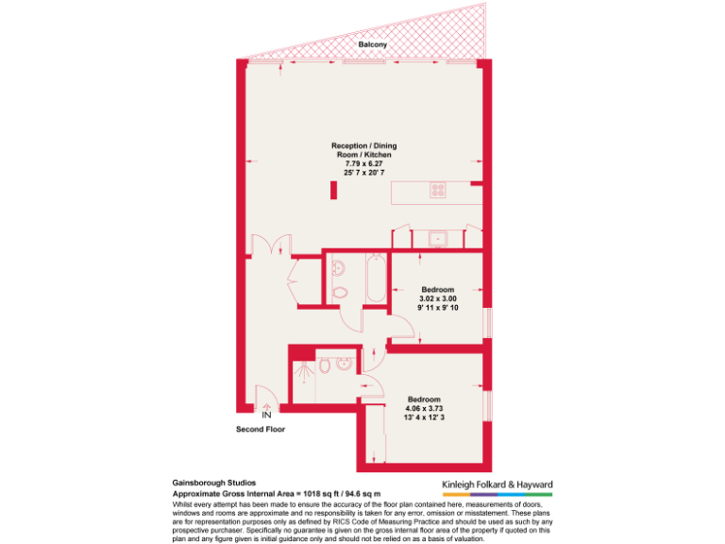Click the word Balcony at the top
click(372, 44)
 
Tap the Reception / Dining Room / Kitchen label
click(356, 149)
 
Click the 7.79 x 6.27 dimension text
click(357, 162)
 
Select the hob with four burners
click(438, 190)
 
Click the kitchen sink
click(438, 238)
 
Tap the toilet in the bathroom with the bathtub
click(341, 292)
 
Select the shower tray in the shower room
click(304, 376)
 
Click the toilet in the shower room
click(325, 366)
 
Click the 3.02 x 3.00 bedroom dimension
click(437, 298)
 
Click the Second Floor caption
click(261, 430)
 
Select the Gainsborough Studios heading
click(214, 481)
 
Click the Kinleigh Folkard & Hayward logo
click(497, 485)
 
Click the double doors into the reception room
click(274, 245)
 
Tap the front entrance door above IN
click(266, 398)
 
